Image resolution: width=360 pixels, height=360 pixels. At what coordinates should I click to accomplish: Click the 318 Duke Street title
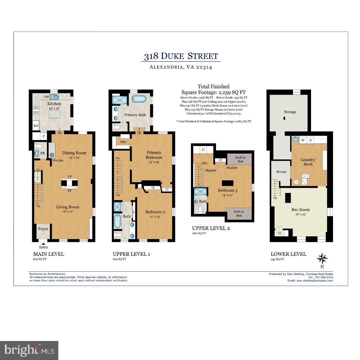point(181,56)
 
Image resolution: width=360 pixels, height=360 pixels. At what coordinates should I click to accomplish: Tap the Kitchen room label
point(54,104)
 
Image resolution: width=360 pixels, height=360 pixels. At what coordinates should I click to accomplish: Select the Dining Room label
point(74,153)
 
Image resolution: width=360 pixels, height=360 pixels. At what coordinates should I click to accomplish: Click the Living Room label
point(68,207)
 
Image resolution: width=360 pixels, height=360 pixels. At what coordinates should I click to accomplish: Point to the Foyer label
point(43,229)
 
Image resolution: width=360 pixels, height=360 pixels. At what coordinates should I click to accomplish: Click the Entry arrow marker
point(43,244)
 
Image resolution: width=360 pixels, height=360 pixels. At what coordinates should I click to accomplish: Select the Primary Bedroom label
point(154,155)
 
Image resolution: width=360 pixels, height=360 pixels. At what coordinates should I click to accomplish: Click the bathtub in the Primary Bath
point(139,99)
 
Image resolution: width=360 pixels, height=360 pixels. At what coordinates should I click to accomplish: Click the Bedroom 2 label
point(155,212)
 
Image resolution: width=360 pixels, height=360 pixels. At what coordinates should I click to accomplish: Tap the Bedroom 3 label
point(228,190)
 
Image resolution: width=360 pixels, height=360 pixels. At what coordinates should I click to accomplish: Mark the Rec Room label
point(300,210)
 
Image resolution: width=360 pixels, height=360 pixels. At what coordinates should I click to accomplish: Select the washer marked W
point(303,140)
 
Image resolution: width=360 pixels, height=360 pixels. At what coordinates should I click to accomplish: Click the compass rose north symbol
point(322,259)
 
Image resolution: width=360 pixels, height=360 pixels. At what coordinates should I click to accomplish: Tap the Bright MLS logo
point(29,350)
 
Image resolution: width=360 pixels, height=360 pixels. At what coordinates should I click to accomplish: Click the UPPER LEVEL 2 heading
point(211,228)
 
